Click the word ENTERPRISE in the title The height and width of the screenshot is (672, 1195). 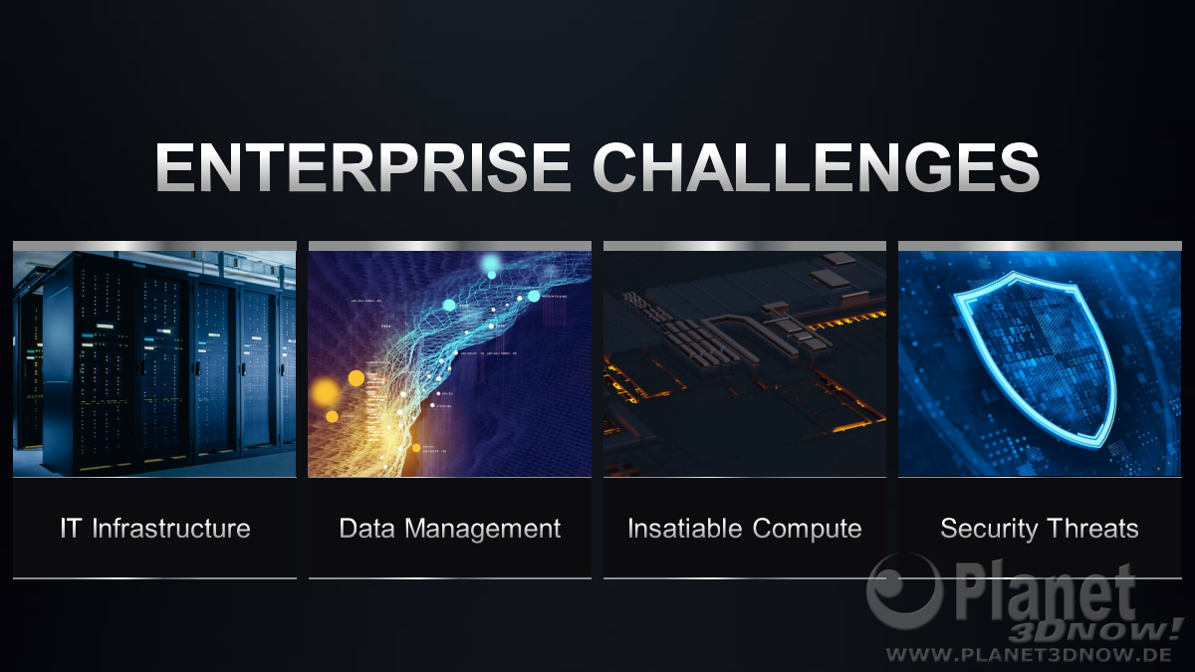coord(362,167)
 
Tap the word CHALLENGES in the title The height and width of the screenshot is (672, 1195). coord(817,167)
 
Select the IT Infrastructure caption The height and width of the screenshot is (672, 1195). coord(155,529)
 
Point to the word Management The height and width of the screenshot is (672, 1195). coord(482,530)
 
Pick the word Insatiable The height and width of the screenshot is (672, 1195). coord(685,529)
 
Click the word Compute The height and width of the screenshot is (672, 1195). coord(808,530)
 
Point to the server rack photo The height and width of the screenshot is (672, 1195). coord(154,363)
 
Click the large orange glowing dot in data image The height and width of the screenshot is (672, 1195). coord(325,392)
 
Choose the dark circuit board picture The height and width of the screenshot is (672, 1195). coord(745,363)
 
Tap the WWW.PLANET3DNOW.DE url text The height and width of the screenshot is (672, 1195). coord(1029,654)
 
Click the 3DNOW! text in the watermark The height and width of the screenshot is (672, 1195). coord(1093,630)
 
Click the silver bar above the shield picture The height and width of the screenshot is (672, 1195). coord(1040,246)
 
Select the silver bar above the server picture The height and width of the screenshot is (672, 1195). coord(154,246)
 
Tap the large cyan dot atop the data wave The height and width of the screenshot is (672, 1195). coord(490,263)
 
